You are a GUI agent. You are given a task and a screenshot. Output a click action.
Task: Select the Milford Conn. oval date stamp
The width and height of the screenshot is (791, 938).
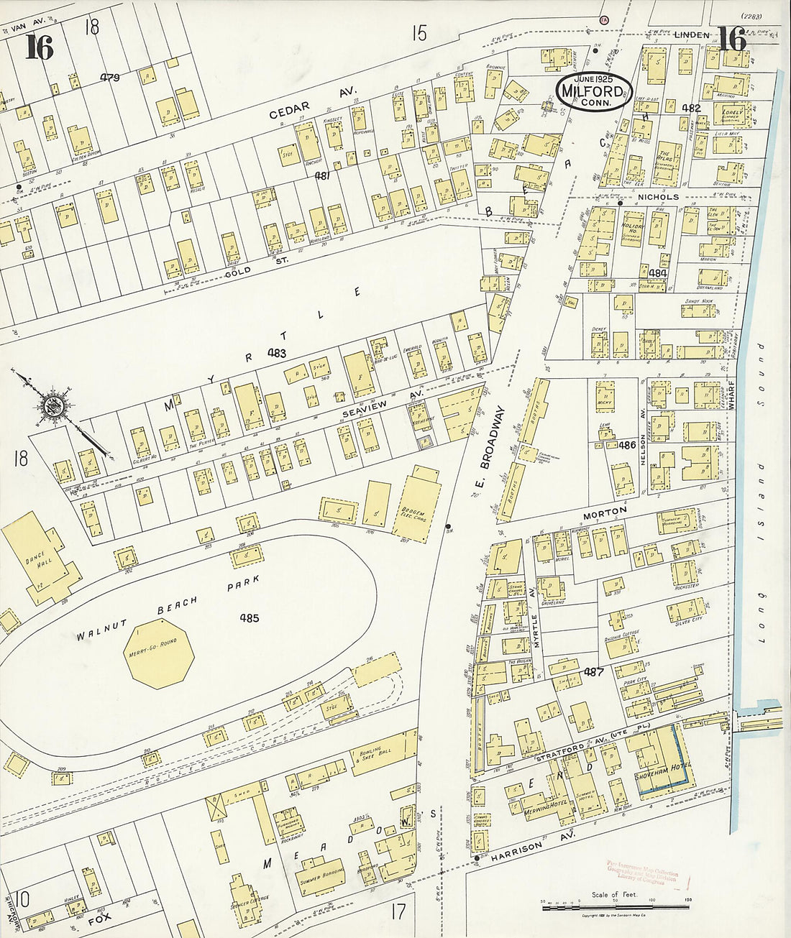point(594,91)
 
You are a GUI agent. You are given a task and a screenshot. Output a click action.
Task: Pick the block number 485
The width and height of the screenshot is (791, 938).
point(250,617)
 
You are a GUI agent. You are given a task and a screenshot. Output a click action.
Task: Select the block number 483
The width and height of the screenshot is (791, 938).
point(276,353)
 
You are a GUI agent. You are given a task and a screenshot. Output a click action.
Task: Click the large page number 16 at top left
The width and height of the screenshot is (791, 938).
point(39,47)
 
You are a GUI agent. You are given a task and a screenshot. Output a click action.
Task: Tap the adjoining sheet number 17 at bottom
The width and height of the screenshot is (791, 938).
point(398,911)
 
